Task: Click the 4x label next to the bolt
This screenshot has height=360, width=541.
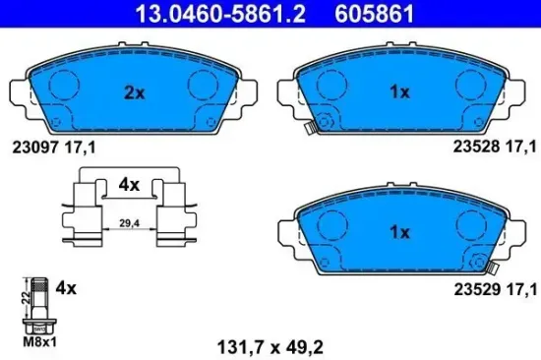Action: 66,288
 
